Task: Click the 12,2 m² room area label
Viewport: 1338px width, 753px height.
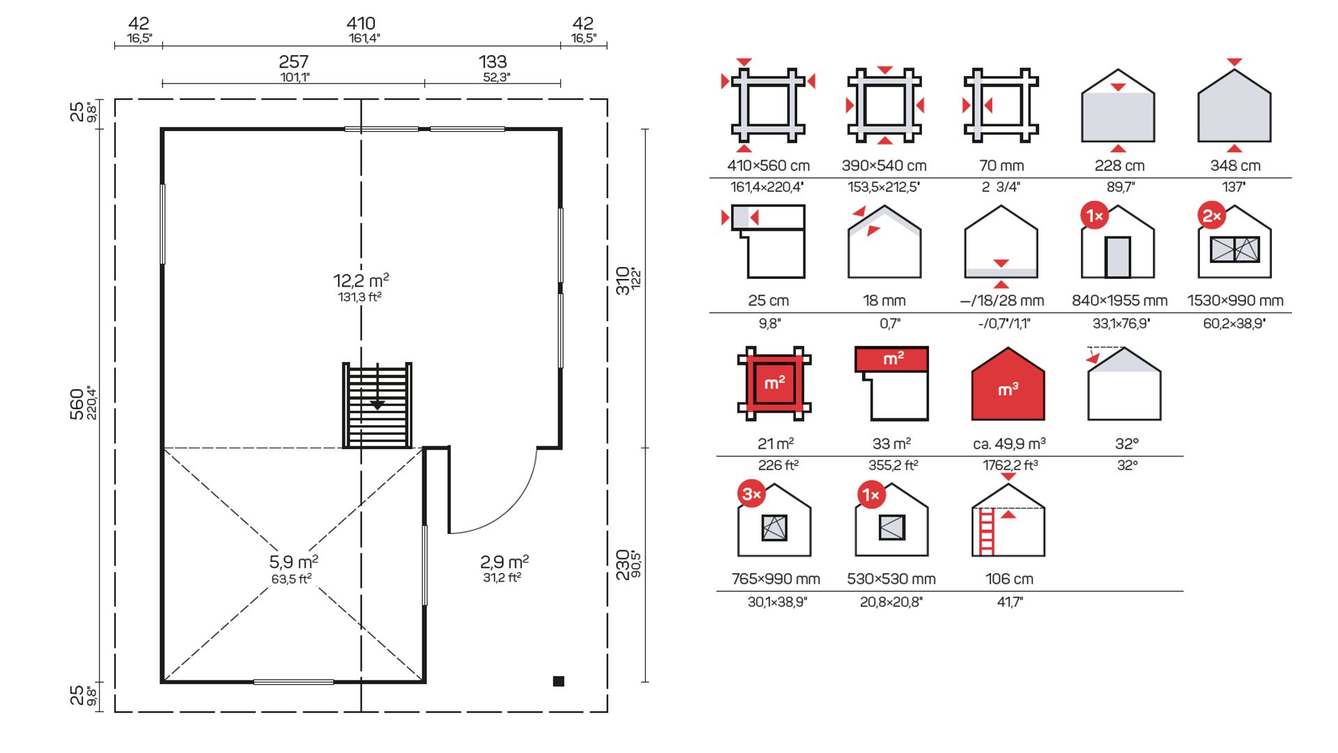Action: coord(361,280)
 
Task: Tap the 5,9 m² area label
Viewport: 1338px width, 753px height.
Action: coord(293,561)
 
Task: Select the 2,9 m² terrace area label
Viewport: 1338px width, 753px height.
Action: coord(504,561)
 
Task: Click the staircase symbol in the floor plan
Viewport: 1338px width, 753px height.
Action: coord(377,405)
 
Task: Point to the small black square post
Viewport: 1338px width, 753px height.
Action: coord(558,681)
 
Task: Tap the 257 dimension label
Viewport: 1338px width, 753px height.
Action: coord(293,62)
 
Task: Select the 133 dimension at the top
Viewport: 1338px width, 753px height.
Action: coord(493,62)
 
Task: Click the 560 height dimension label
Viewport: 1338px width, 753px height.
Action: coord(77,404)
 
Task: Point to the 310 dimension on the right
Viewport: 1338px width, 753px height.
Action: coord(623,280)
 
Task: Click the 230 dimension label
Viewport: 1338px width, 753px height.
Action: coord(623,565)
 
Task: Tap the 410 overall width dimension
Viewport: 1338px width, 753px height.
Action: coord(361,24)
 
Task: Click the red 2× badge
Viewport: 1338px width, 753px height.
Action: coord(1212,216)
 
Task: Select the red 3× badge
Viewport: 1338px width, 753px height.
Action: coord(752,494)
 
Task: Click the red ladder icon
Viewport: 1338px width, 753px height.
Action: coord(987,532)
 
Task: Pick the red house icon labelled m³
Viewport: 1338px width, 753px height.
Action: coord(1008,384)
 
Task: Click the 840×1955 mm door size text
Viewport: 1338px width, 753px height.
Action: coord(1119,301)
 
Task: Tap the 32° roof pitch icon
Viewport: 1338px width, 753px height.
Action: coord(1124,383)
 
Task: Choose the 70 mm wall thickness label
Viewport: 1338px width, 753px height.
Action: coord(1001,166)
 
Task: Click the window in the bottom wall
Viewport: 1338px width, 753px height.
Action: coord(293,682)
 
